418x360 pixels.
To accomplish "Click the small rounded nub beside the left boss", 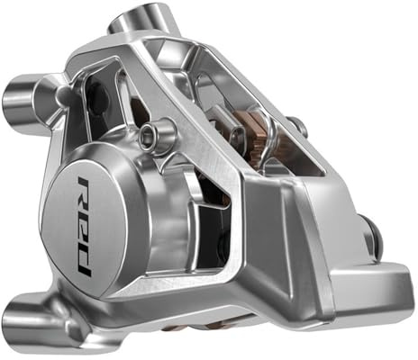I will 62,94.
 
